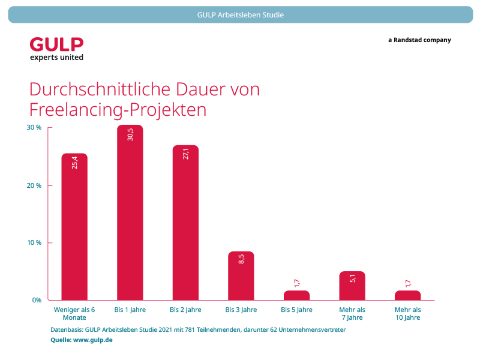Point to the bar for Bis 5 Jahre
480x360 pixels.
(297, 295)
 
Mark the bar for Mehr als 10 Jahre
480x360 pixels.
(408, 295)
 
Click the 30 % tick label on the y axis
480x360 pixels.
(34, 127)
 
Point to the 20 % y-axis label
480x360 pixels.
(34, 186)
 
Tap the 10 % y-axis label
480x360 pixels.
(34, 243)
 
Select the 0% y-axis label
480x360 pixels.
(37, 300)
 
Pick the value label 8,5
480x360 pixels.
(241, 259)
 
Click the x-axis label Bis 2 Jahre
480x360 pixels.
(185, 310)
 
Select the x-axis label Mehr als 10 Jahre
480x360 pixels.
(408, 313)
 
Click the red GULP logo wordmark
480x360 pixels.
(57, 45)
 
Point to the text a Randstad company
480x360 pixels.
(420, 40)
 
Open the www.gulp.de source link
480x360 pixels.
(93, 340)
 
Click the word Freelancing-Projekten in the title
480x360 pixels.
(118, 109)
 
